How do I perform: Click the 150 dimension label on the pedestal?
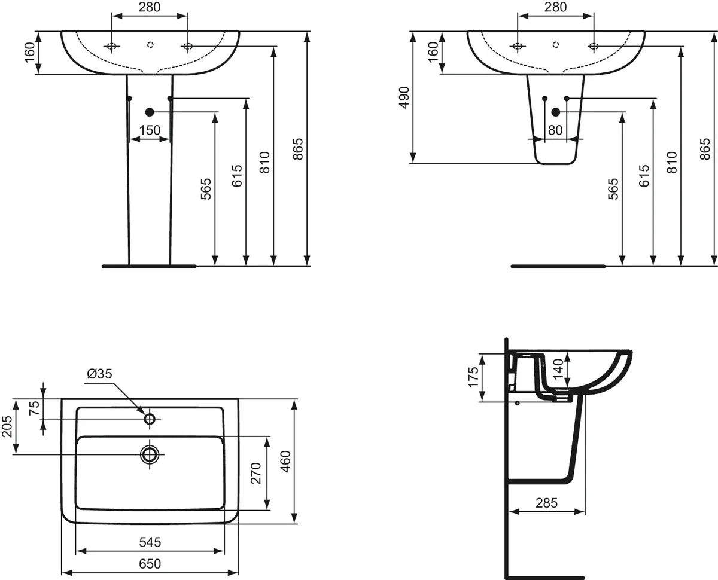click(x=150, y=130)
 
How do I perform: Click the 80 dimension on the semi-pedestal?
click(x=555, y=130)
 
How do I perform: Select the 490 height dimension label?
click(x=404, y=97)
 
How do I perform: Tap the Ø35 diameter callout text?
click(x=99, y=374)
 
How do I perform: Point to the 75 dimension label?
click(x=35, y=408)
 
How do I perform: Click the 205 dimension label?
click(x=7, y=426)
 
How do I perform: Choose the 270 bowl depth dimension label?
click(x=256, y=473)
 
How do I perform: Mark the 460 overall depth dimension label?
click(x=285, y=462)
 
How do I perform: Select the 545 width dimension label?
click(x=150, y=542)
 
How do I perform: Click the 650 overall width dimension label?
click(x=150, y=563)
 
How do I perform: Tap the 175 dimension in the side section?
click(x=473, y=377)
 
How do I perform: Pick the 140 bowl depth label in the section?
click(x=558, y=369)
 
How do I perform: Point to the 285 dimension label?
click(x=547, y=503)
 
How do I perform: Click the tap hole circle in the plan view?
click(x=150, y=419)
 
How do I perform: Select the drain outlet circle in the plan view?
click(x=150, y=454)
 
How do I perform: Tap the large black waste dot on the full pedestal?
click(x=150, y=112)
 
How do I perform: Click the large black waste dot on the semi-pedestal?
click(x=555, y=112)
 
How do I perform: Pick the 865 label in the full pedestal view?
click(x=299, y=149)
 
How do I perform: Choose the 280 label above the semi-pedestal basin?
click(x=555, y=7)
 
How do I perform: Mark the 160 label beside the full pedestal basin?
click(x=30, y=52)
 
